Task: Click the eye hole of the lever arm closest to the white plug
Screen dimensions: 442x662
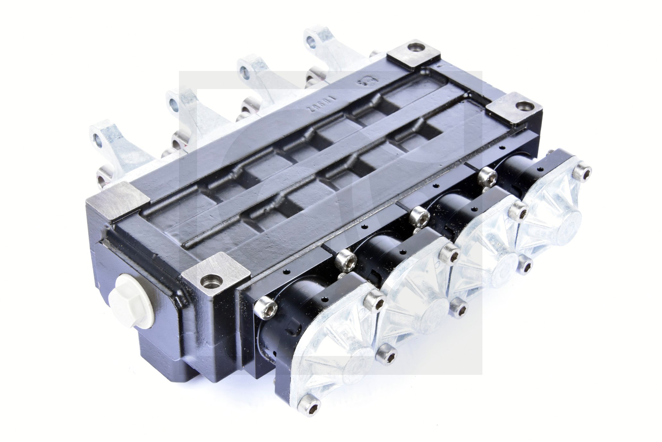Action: point(97,138)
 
